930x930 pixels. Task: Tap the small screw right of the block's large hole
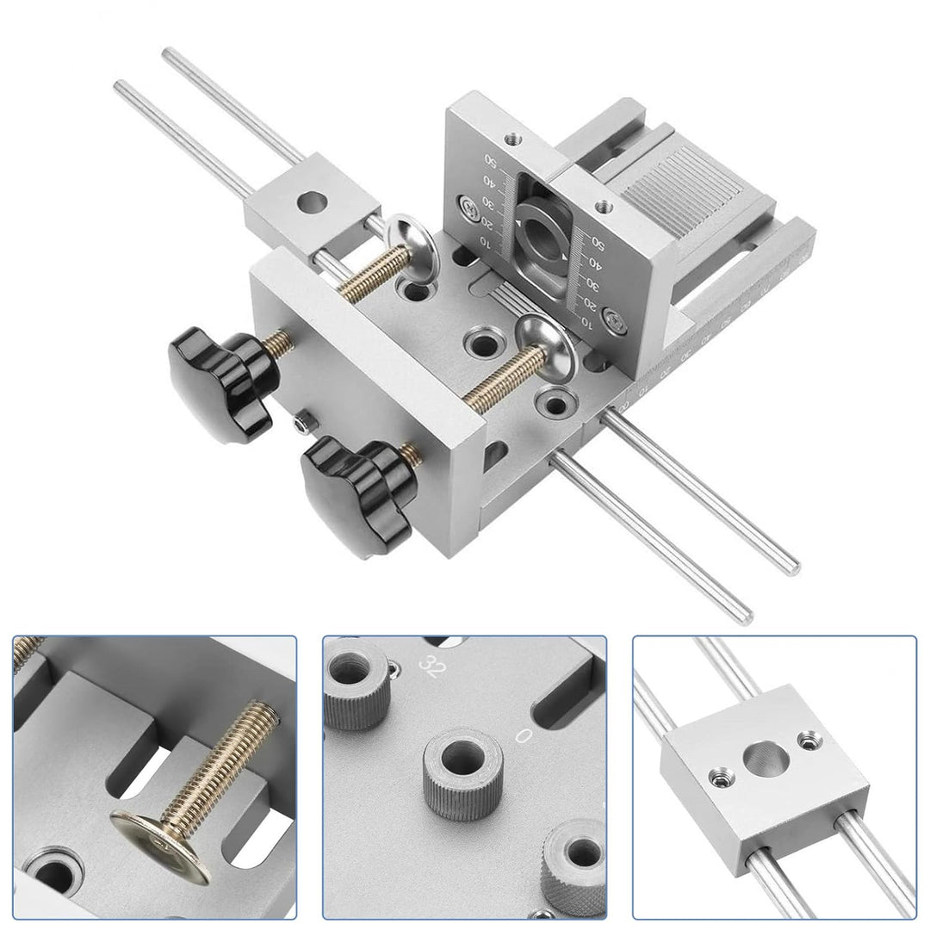[x=807, y=738]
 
